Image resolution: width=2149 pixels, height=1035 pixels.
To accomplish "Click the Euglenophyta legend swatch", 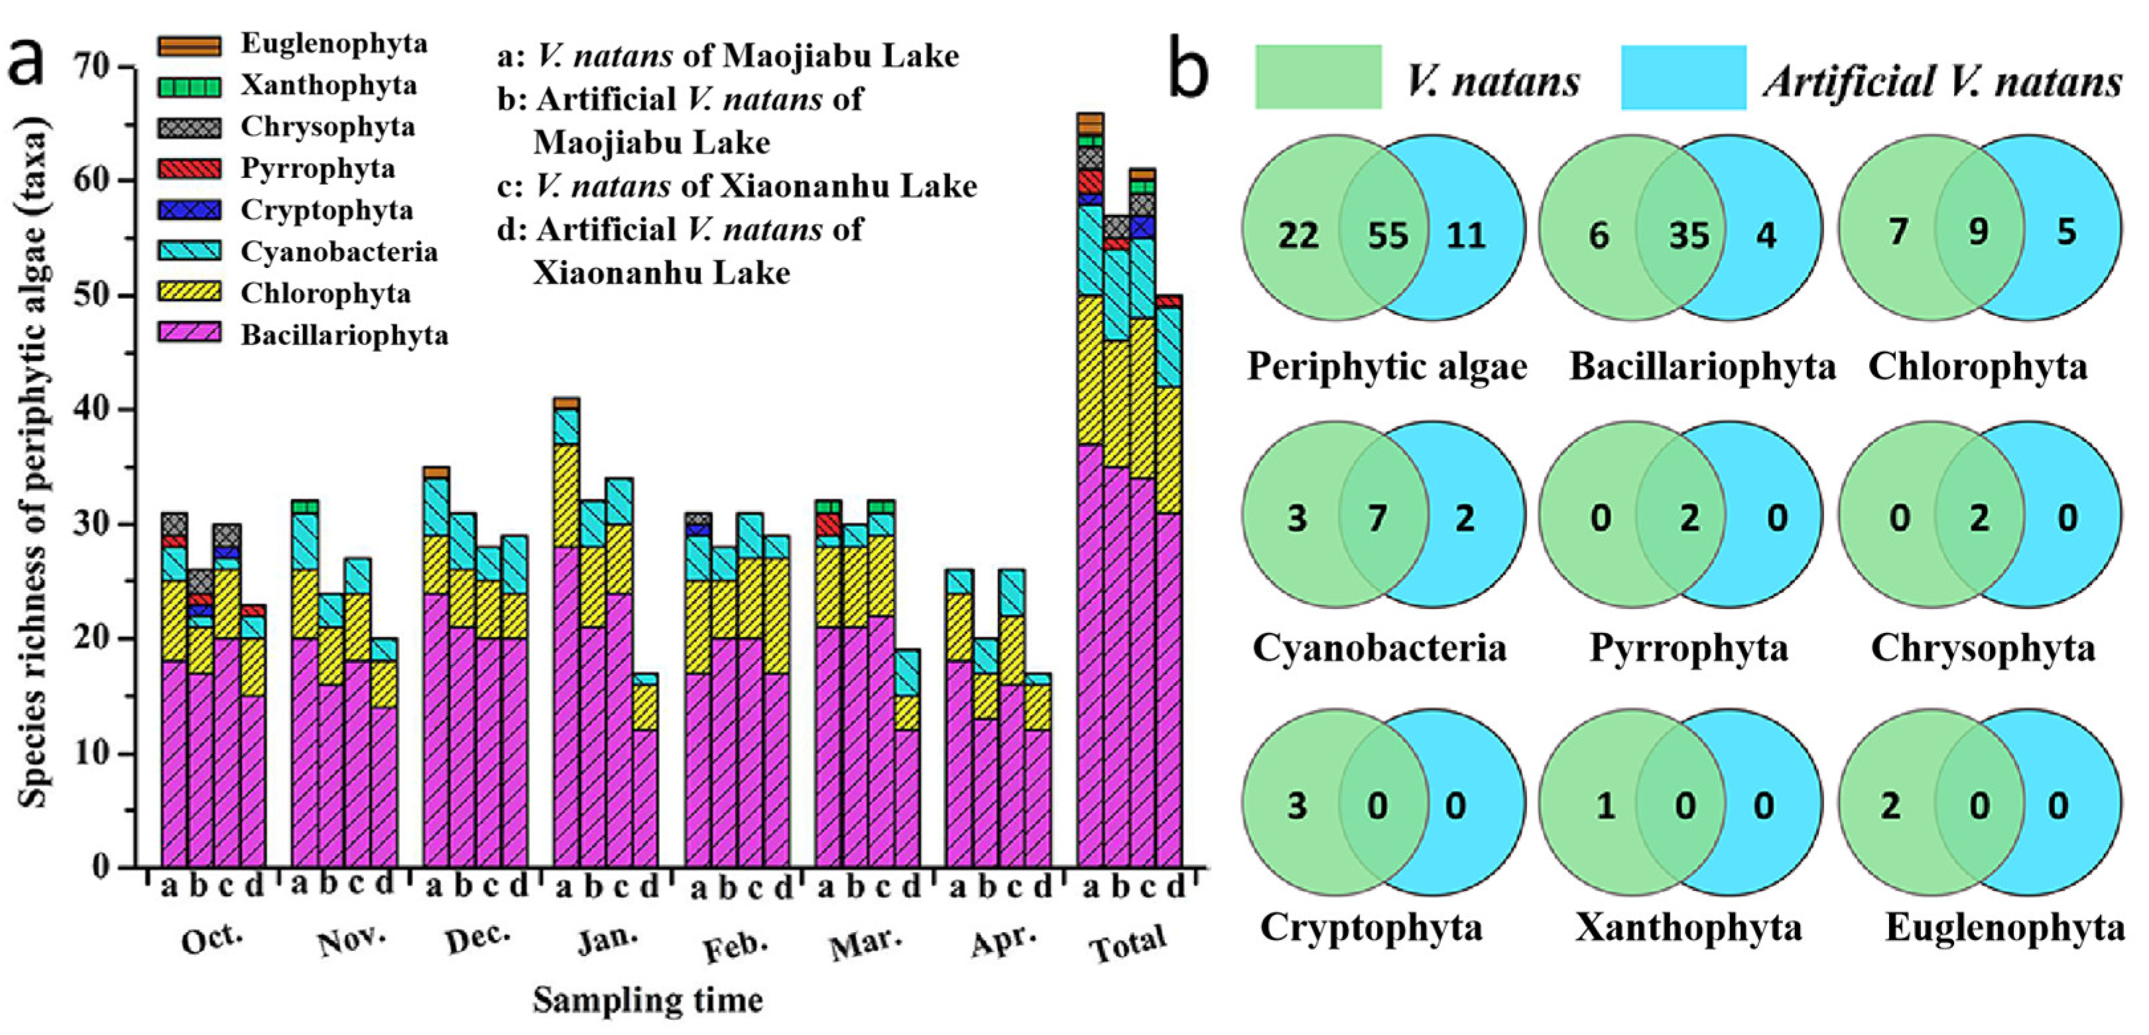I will pyautogui.click(x=190, y=44).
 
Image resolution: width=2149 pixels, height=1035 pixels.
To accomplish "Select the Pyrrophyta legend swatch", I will pyautogui.click(x=190, y=169).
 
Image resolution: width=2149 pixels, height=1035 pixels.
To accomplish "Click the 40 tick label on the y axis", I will pyautogui.click(x=91, y=410).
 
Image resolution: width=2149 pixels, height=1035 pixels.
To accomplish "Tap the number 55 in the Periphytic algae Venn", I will pyautogui.click(x=1387, y=236).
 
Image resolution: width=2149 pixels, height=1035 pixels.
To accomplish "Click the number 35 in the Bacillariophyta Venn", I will pyautogui.click(x=1688, y=236).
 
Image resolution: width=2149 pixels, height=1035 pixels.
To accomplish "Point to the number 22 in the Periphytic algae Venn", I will pyautogui.click(x=1298, y=236).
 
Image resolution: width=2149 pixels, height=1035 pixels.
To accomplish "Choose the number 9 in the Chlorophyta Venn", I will pyautogui.click(x=1978, y=231).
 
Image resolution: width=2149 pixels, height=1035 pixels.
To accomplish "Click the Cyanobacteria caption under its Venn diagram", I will pyautogui.click(x=1379, y=648).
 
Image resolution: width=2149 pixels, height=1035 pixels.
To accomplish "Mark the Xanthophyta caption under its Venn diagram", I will pyautogui.click(x=1688, y=928).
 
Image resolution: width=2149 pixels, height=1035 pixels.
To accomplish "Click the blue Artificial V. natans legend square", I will pyautogui.click(x=1684, y=78).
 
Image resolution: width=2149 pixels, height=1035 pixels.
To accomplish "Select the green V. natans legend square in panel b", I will pyautogui.click(x=1318, y=78).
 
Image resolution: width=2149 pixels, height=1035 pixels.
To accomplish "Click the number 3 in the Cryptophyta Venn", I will pyautogui.click(x=1296, y=806).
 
